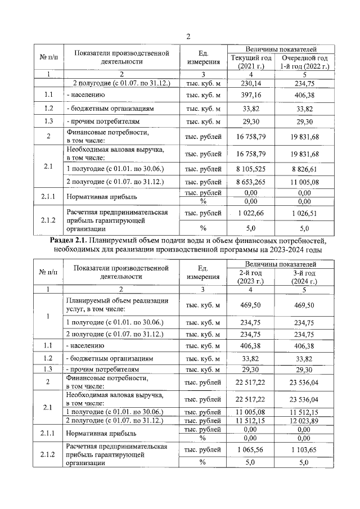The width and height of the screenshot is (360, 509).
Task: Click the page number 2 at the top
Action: click(x=188, y=37)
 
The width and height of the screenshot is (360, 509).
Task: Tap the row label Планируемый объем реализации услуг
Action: click(x=117, y=305)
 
